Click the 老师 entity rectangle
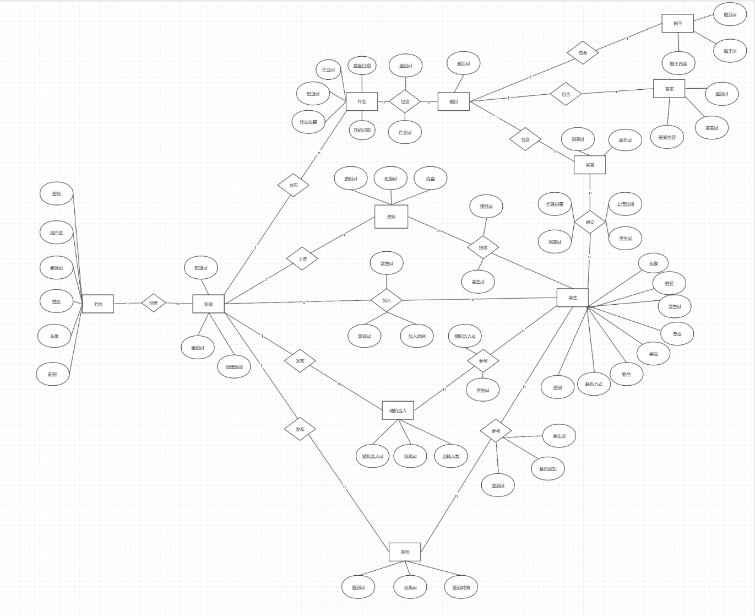tap(98, 304)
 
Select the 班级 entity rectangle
tap(208, 304)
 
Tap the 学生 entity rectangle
tap(573, 298)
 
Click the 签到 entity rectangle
tap(405, 552)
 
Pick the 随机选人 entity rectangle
tap(398, 410)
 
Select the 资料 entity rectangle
tap(391, 217)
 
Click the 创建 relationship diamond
tap(153, 303)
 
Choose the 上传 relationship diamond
tap(302, 258)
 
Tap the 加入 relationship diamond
tap(387, 300)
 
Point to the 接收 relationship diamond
tap(483, 247)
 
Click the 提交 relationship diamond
tap(590, 222)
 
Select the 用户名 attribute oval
tap(56, 233)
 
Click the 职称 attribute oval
tap(53, 374)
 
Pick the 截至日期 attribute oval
tap(362, 66)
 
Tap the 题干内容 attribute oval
tap(678, 63)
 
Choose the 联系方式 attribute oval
tap(594, 384)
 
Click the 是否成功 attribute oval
tap(548, 469)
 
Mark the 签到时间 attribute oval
tap(461, 587)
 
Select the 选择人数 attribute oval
tap(450, 456)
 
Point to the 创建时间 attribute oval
tap(234, 367)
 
